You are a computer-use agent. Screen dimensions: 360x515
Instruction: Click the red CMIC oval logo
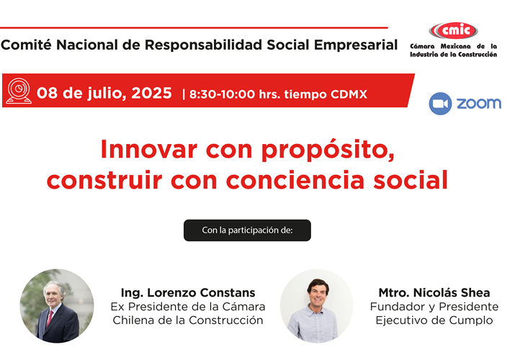click(x=452, y=31)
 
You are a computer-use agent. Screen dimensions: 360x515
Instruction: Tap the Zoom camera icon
click(x=440, y=103)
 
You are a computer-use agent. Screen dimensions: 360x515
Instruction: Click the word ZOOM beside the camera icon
click(x=479, y=103)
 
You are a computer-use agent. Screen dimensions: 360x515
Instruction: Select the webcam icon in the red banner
click(x=19, y=92)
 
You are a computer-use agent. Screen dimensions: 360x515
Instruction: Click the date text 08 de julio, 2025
click(x=104, y=93)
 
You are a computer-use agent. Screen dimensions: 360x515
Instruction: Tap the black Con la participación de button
click(x=247, y=230)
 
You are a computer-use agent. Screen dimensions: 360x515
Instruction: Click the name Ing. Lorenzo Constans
click(x=187, y=292)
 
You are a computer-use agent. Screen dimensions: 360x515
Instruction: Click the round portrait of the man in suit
click(x=56, y=305)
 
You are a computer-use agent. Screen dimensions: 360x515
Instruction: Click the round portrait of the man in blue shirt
click(x=316, y=305)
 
